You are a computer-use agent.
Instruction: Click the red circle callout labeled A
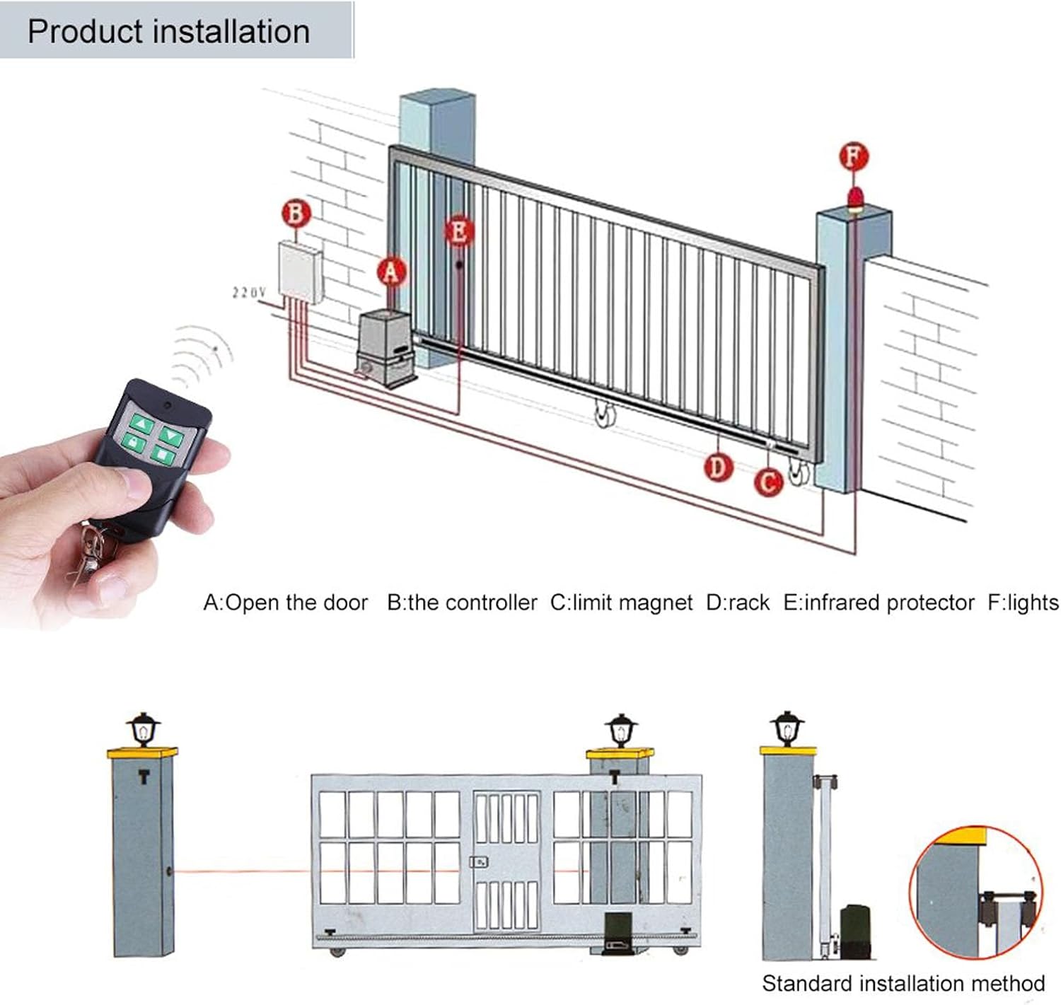[392, 272]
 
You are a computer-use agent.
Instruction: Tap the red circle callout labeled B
[296, 214]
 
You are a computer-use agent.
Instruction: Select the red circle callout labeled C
[768, 482]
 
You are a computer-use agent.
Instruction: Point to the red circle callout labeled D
[718, 467]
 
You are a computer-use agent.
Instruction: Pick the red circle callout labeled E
[459, 231]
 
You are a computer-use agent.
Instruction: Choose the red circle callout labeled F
[854, 156]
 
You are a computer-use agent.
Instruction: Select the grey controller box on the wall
[300, 272]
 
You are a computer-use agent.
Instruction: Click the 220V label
[249, 292]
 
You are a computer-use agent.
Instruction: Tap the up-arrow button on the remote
[142, 424]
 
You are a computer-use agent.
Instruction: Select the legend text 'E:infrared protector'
[879, 603]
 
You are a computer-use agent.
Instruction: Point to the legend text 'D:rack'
[738, 603]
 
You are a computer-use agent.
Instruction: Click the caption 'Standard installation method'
[903, 983]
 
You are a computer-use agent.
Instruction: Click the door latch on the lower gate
[480, 862]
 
